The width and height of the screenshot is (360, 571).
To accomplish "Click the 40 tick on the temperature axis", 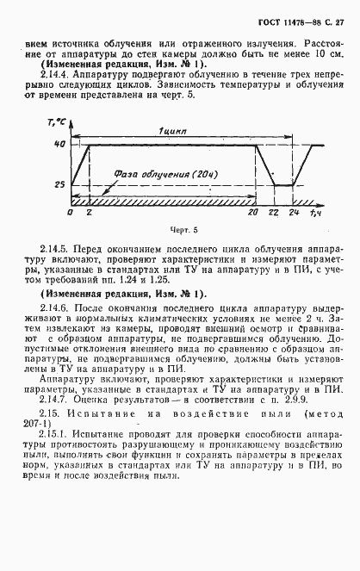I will [x=60, y=145].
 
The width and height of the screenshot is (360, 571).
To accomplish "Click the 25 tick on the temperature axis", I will [x=60, y=184].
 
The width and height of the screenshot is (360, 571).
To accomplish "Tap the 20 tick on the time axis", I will [x=251, y=211].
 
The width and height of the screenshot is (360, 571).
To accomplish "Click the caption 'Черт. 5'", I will [x=184, y=231].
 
